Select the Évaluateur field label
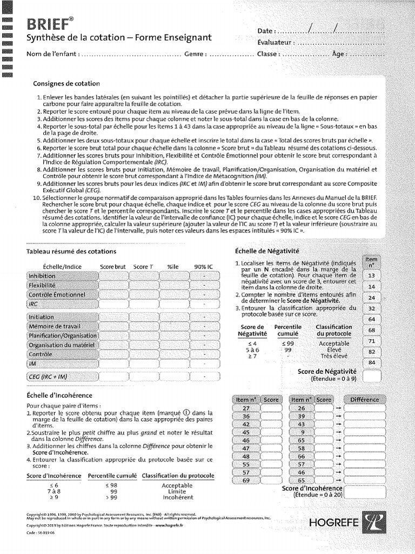[x=276, y=42]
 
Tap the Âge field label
[x=339, y=54]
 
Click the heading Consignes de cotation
[x=67, y=84]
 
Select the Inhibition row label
[x=45, y=275]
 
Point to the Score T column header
[x=143, y=266]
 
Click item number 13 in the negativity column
[x=371, y=276]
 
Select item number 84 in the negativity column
[x=371, y=362]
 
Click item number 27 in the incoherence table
[x=246, y=408]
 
